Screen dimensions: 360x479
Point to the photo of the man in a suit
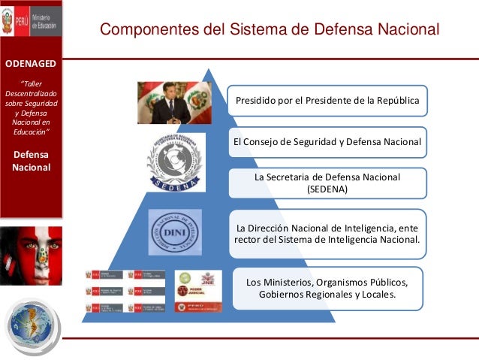pyautogui.click(x=172, y=103)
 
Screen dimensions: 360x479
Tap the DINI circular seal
pyautogui.click(x=174, y=231)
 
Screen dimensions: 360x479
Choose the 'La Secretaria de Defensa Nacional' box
pyautogui.click(x=327, y=183)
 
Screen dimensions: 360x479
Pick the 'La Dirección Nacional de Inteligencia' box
pyautogui.click(x=327, y=234)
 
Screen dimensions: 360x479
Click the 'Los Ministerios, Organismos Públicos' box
pyautogui.click(x=327, y=288)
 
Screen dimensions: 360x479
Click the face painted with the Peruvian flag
pyautogui.click(x=31, y=256)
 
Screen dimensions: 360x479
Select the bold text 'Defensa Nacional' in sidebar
pyautogui.click(x=31, y=160)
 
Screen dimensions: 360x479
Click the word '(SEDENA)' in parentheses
pyautogui.click(x=327, y=189)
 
